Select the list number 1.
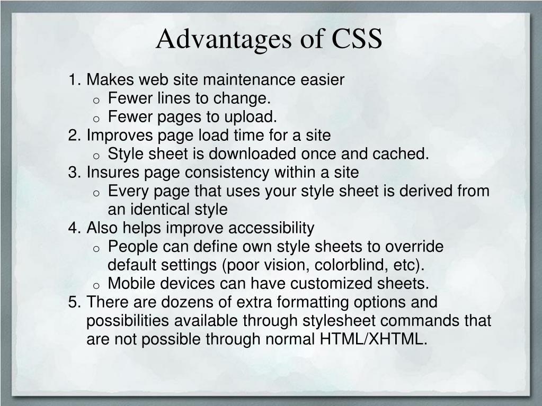(x=74, y=80)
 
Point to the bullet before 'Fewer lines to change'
(x=96, y=100)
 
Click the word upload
(x=253, y=117)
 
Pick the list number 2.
(x=74, y=136)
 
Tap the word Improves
(x=119, y=136)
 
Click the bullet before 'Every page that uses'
(x=96, y=193)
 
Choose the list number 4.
(x=74, y=228)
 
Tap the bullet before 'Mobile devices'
(x=96, y=285)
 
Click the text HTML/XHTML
(x=373, y=339)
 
